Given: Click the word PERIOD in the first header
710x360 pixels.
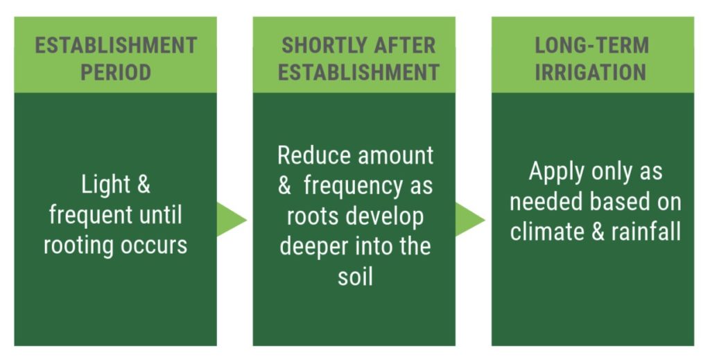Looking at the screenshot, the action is tap(116, 72).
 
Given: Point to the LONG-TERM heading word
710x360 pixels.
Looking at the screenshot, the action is tap(592, 45).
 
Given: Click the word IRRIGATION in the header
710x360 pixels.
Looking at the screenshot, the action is tap(591, 72).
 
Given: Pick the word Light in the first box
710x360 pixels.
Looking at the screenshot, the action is tap(105, 185).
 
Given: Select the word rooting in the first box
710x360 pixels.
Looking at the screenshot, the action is tap(78, 246).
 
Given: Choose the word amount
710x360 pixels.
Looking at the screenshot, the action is tap(395, 156).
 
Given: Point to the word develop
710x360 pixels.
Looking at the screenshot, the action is tap(384, 216).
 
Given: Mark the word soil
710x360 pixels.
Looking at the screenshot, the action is tap(355, 276).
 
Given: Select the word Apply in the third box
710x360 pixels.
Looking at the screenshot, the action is tap(555, 172).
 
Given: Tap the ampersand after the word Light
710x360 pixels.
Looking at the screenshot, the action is tap(143, 185).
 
